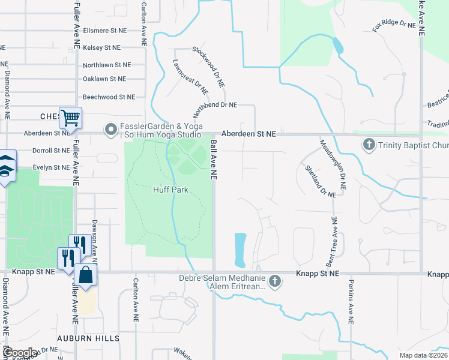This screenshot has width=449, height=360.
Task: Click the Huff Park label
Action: point(170,190)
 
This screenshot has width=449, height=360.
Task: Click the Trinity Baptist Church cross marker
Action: point(369,145)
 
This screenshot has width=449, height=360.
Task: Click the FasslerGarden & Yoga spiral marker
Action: point(110,129)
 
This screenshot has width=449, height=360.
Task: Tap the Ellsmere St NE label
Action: point(105,30)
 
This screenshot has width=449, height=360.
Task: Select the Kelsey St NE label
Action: point(101,47)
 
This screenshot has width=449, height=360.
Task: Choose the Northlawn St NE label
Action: point(107,65)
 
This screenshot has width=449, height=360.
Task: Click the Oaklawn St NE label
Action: point(104,79)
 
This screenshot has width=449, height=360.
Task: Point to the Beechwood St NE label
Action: point(109,97)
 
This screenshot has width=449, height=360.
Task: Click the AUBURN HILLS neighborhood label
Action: point(88,338)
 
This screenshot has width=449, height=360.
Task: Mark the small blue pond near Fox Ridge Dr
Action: point(338,46)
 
